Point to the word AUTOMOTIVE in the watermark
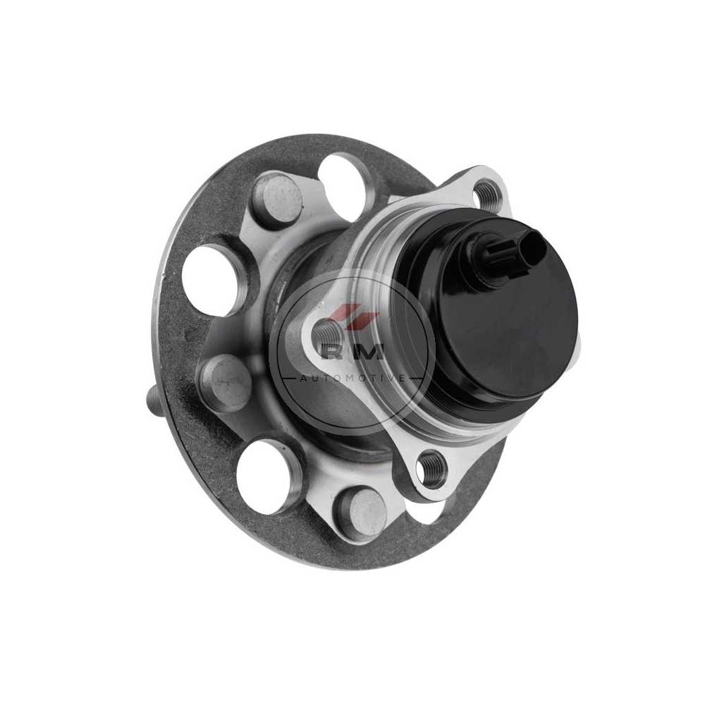[352, 379]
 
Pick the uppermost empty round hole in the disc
[346, 183]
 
